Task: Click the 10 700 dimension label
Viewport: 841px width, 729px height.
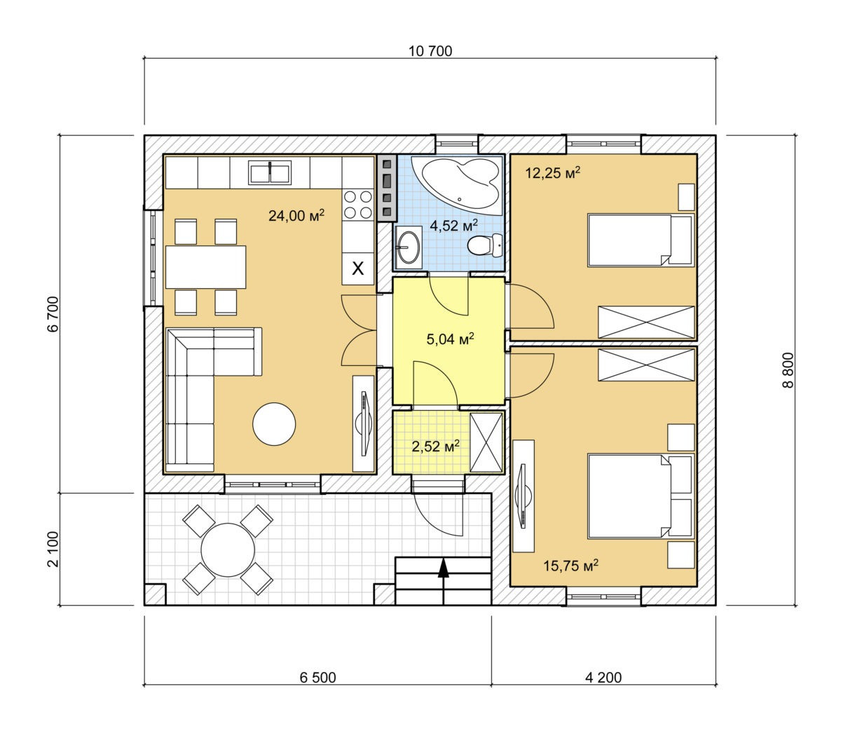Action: point(430,51)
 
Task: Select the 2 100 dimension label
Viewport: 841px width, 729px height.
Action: point(53,549)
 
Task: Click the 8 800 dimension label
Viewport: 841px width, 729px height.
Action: point(788,370)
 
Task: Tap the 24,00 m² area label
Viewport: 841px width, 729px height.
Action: point(296,215)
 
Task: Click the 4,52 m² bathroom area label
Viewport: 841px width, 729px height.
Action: point(453,225)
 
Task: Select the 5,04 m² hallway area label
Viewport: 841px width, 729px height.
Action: point(451,339)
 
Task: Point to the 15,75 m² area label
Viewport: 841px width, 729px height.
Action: point(571,565)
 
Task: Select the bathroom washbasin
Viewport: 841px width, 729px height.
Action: point(408,247)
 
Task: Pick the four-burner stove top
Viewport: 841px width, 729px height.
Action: point(358,205)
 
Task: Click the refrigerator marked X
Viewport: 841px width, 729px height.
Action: point(357,268)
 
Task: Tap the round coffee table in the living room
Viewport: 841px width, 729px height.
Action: point(274,424)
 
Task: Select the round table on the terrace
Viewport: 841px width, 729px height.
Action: point(228,550)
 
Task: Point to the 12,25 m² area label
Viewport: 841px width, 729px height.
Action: point(552,172)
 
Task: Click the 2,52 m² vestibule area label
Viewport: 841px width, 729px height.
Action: point(436,446)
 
